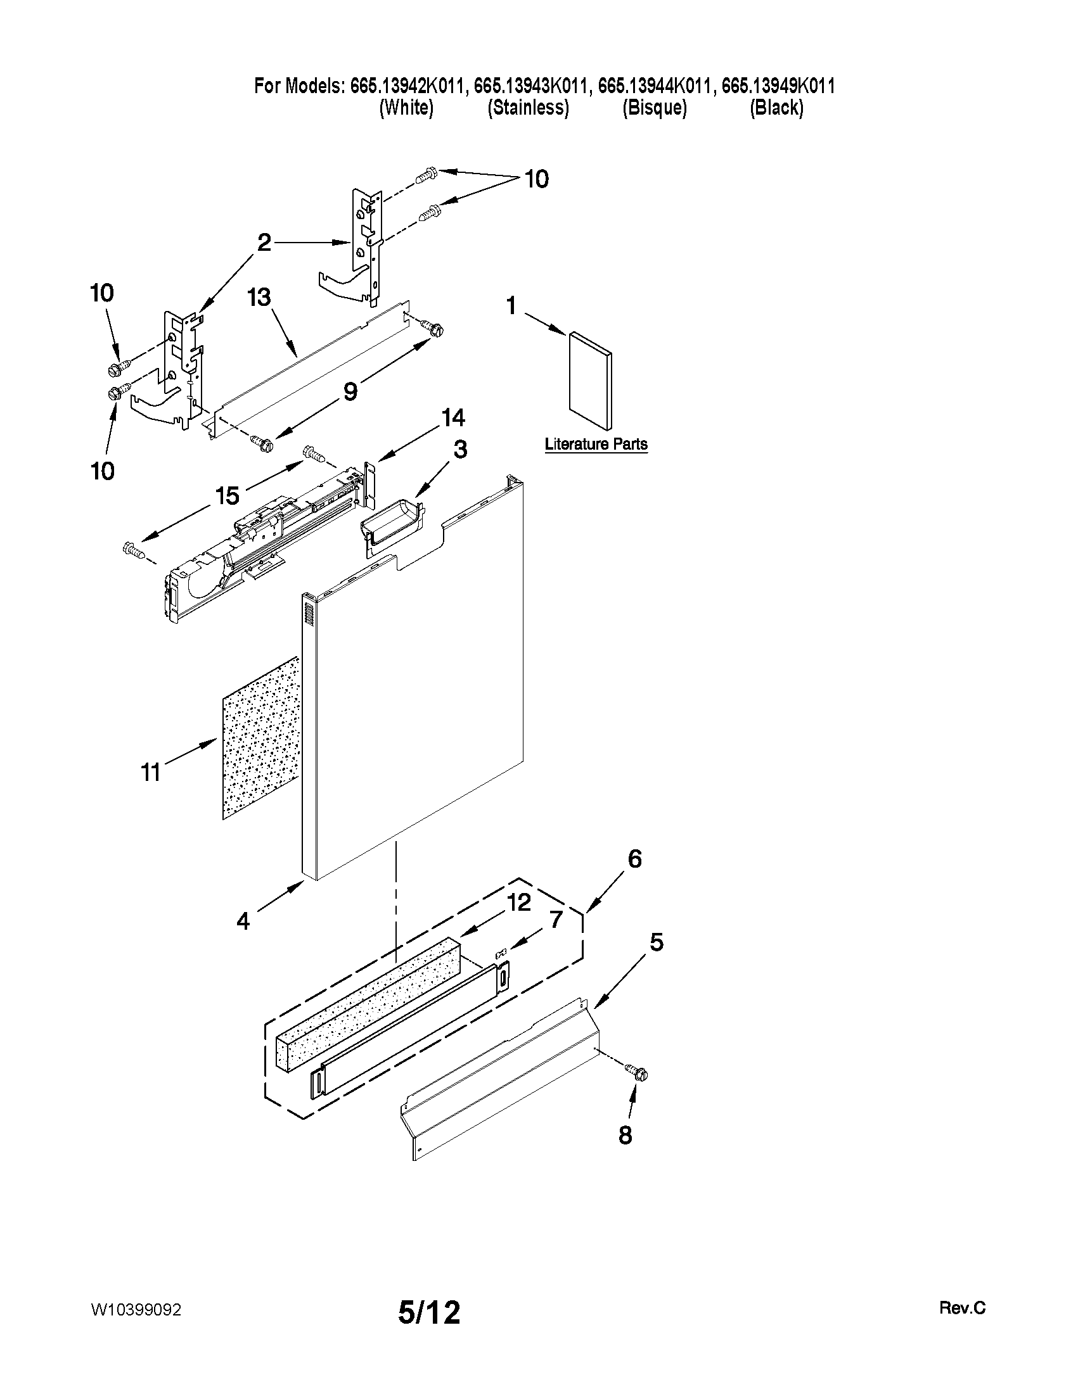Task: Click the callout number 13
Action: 260,298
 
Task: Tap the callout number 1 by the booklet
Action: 511,307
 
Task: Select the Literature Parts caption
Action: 596,444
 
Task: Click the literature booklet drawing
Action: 590,380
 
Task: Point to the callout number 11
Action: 151,773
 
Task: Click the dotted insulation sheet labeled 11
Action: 260,737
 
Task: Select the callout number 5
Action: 657,942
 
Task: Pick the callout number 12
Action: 519,903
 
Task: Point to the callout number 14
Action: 452,418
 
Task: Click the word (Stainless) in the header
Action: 528,107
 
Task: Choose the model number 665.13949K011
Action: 778,86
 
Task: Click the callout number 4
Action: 243,921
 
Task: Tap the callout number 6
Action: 634,859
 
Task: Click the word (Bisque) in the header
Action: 655,107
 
